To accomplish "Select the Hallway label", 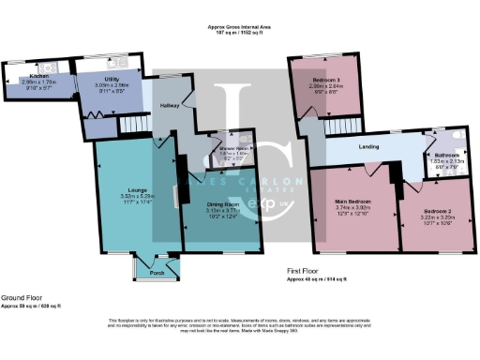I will coord(168,106).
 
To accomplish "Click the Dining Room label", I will coord(222,204).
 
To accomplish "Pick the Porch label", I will coord(156,274).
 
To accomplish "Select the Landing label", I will coord(352,147).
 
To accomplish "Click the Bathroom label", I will coord(447,155).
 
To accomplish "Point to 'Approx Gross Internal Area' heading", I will coord(239,29).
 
